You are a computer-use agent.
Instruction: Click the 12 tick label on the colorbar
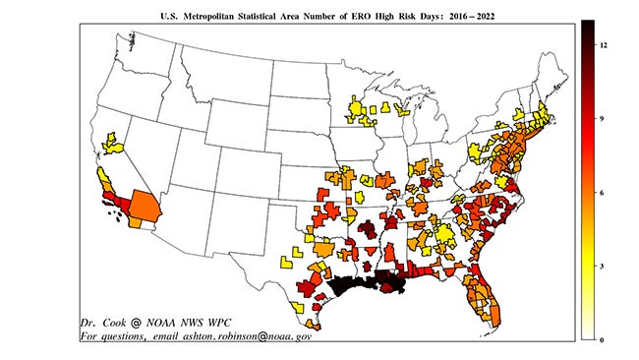[600, 44]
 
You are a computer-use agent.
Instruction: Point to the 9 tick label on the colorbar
[600, 118]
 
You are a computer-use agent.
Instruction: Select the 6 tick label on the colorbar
[600, 192]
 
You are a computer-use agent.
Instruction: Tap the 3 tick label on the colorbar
[600, 266]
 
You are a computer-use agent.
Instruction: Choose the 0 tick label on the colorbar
[600, 339]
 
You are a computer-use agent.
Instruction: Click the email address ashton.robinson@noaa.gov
[246, 335]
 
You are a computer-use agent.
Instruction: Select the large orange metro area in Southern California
[144, 208]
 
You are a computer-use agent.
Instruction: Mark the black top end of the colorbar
[587, 28]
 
